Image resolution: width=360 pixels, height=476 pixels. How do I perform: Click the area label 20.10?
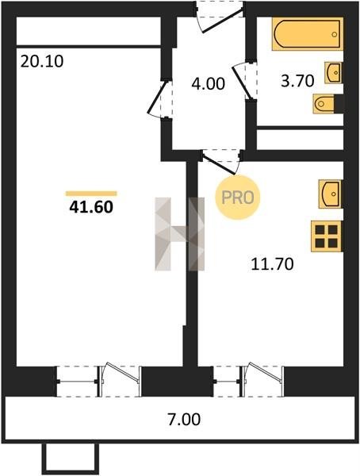42,61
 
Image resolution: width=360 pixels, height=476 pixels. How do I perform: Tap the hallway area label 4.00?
209,83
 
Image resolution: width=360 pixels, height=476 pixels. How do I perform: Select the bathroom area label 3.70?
297,81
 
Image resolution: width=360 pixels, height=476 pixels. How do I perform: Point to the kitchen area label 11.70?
272,263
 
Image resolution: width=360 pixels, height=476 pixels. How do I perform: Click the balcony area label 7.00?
184,419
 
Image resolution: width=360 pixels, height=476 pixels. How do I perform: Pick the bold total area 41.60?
91,207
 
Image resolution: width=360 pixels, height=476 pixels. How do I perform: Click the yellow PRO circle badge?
238,198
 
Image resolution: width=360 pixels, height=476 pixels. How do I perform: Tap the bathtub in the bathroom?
308,33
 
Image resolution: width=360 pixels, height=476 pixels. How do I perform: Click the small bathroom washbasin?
334,72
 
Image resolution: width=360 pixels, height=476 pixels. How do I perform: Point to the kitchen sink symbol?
330,194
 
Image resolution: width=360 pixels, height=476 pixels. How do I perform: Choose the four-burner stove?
327,236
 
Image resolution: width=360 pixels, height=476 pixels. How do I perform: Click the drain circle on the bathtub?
335,34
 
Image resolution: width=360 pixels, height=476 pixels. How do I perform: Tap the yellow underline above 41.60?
91,194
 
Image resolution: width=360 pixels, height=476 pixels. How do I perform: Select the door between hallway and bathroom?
244,80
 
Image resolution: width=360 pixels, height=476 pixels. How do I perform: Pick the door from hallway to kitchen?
221,162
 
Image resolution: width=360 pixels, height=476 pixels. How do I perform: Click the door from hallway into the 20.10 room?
159,97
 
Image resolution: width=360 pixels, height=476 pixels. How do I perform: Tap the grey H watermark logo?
180,234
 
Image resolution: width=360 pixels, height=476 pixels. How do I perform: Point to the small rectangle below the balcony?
70,459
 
